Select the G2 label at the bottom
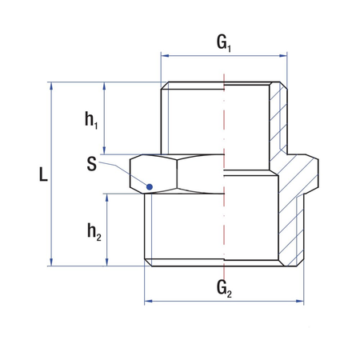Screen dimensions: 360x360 [x=224, y=287]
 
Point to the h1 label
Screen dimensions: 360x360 [x=92, y=120]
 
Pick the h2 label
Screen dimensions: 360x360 [x=92, y=230]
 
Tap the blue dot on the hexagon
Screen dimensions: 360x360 [x=149, y=187]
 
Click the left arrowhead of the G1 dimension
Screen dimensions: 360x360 [x=165, y=56]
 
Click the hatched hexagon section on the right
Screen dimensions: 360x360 [x=304, y=172]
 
